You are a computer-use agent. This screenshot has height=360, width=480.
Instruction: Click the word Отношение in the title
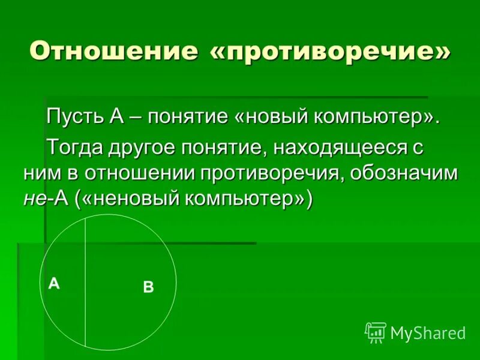[x=114, y=51]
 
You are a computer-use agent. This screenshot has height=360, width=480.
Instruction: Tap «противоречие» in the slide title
[x=330, y=51]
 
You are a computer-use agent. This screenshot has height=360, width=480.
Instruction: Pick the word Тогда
[x=76, y=145]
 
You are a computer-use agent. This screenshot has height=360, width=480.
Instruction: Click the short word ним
[x=43, y=173]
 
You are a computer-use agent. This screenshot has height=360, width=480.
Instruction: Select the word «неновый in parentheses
[x=131, y=200]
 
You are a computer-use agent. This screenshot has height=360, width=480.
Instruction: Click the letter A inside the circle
[x=54, y=284]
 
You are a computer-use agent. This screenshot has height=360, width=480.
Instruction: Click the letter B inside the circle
[x=148, y=287]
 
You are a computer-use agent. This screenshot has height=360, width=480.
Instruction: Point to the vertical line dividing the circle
[x=85, y=282]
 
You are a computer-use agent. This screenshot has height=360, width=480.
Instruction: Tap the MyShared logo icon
[x=376, y=332]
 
